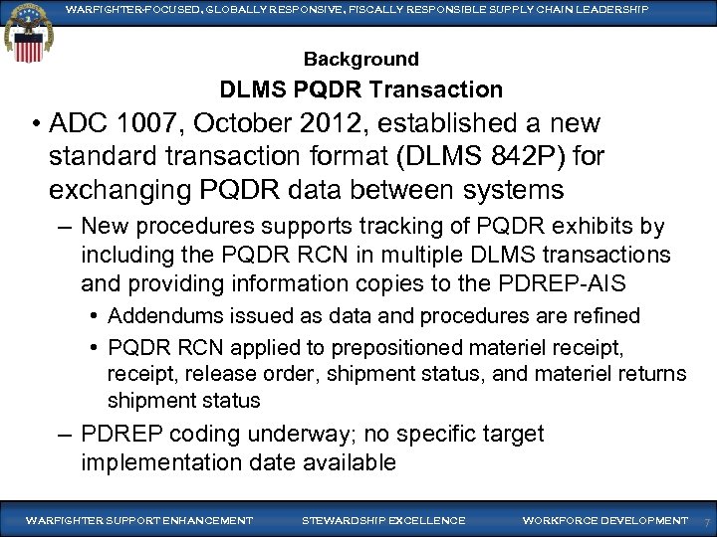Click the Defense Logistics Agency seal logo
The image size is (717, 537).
tap(24, 33)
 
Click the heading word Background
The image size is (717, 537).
tap(360, 60)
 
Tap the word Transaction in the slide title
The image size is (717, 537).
tap(435, 89)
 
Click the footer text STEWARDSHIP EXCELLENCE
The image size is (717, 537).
tap(383, 520)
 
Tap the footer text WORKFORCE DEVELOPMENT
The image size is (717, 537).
tap(605, 520)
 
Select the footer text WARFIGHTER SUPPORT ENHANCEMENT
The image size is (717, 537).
tap(139, 520)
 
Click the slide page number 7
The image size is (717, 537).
tap(706, 522)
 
